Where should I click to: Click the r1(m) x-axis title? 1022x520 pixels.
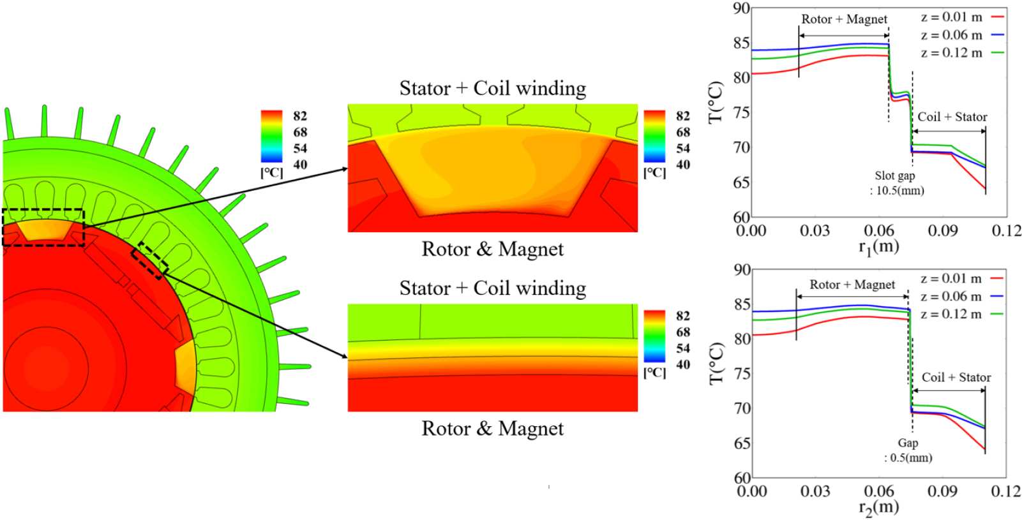(878, 246)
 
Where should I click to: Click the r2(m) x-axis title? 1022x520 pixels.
(878, 507)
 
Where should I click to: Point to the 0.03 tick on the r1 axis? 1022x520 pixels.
(815, 230)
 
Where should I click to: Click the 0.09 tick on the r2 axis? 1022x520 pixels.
(942, 491)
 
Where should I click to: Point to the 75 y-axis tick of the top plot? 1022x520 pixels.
(742, 112)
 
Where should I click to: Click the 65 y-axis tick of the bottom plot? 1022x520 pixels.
(742, 443)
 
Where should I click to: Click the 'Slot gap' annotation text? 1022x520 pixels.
(894, 175)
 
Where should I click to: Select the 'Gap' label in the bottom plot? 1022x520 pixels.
(908, 443)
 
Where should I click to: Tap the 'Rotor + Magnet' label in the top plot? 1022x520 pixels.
(844, 19)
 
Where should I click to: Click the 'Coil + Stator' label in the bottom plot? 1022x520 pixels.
(956, 377)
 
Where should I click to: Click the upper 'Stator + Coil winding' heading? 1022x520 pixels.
(492, 88)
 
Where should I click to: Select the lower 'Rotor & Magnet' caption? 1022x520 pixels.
(492, 428)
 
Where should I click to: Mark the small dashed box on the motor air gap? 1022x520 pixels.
(150, 261)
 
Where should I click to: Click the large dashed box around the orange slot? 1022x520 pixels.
(43, 227)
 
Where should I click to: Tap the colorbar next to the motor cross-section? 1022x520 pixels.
(271, 137)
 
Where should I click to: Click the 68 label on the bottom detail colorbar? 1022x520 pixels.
(683, 332)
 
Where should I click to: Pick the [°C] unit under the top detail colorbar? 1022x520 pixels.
(654, 173)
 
